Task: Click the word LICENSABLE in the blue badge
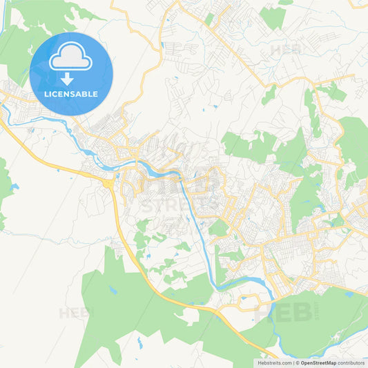tap(71, 93)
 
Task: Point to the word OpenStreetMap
tap(318, 362)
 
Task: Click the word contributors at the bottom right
tap(351, 362)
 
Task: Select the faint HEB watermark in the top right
tap(285, 50)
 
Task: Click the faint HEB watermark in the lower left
tap(75, 313)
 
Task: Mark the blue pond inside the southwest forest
tap(112, 290)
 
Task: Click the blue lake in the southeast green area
tap(349, 294)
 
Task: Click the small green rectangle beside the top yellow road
tap(209, 19)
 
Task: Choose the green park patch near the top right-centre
tap(273, 17)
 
